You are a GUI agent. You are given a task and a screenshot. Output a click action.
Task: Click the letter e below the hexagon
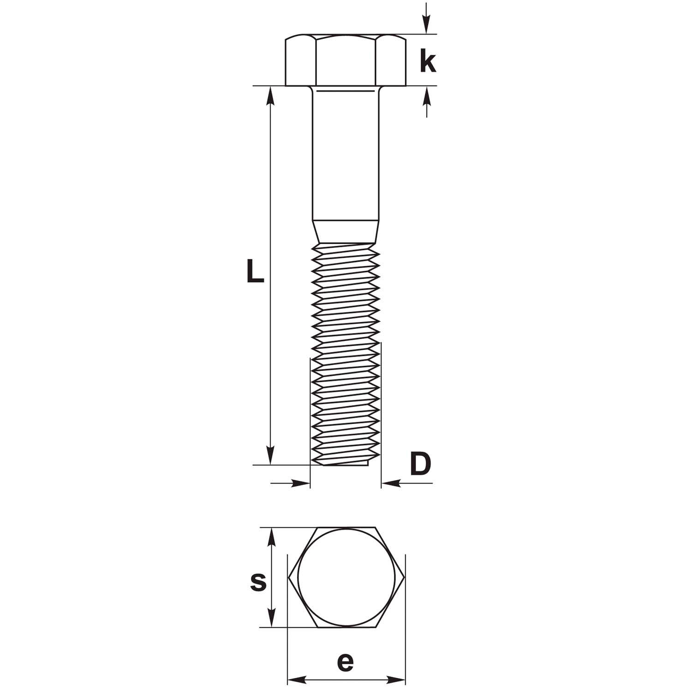[x=345, y=662]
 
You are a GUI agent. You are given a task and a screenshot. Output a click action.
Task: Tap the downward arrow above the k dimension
[x=427, y=18]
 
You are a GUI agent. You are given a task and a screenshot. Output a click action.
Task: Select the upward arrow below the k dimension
[x=427, y=101]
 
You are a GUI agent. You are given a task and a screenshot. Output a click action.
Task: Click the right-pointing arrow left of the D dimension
[x=290, y=483]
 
